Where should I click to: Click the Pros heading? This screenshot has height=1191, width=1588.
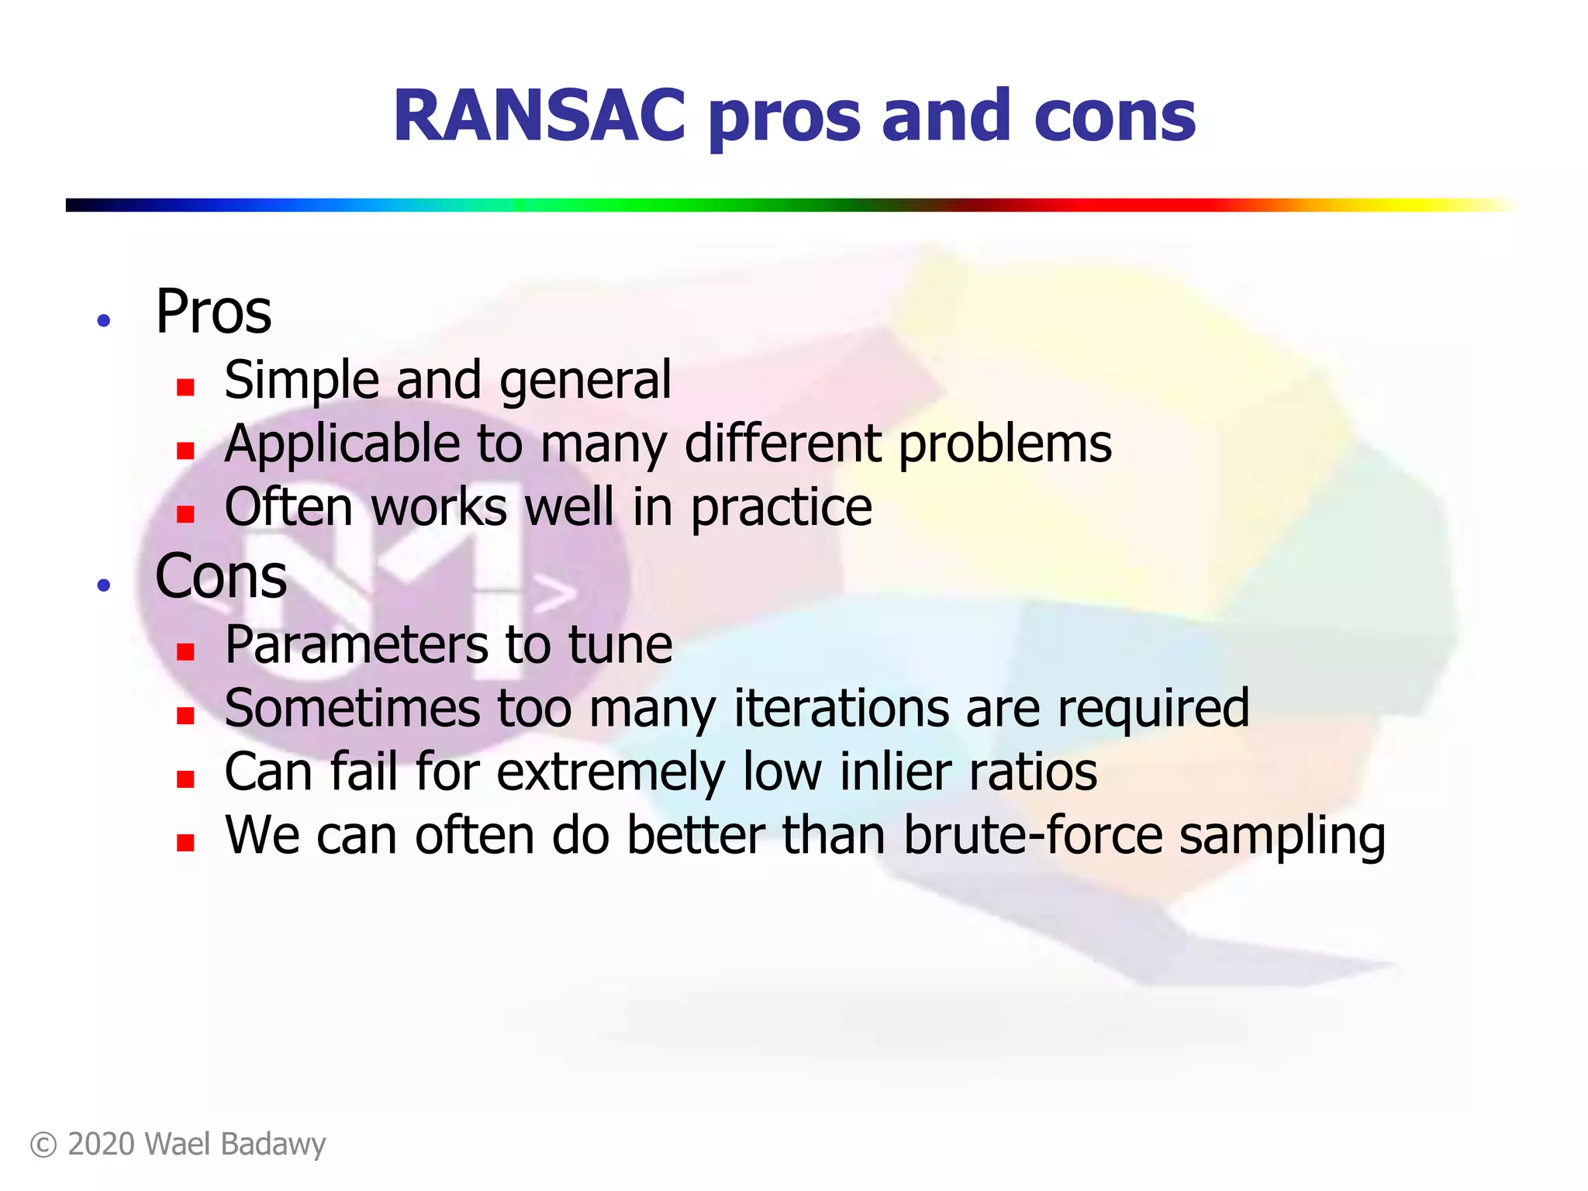coord(213,312)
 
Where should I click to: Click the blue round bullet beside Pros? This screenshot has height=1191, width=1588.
coord(104,320)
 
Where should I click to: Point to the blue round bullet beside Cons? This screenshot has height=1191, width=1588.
coord(104,585)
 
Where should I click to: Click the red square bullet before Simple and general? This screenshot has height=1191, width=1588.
coord(185,386)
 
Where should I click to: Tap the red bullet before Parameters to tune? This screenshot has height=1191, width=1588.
coord(185,651)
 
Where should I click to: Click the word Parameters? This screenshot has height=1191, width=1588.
coord(356,645)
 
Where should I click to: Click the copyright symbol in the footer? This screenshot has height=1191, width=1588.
coord(43,1145)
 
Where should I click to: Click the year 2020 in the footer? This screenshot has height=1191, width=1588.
coord(102,1144)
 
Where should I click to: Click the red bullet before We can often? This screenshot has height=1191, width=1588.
coord(185,842)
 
